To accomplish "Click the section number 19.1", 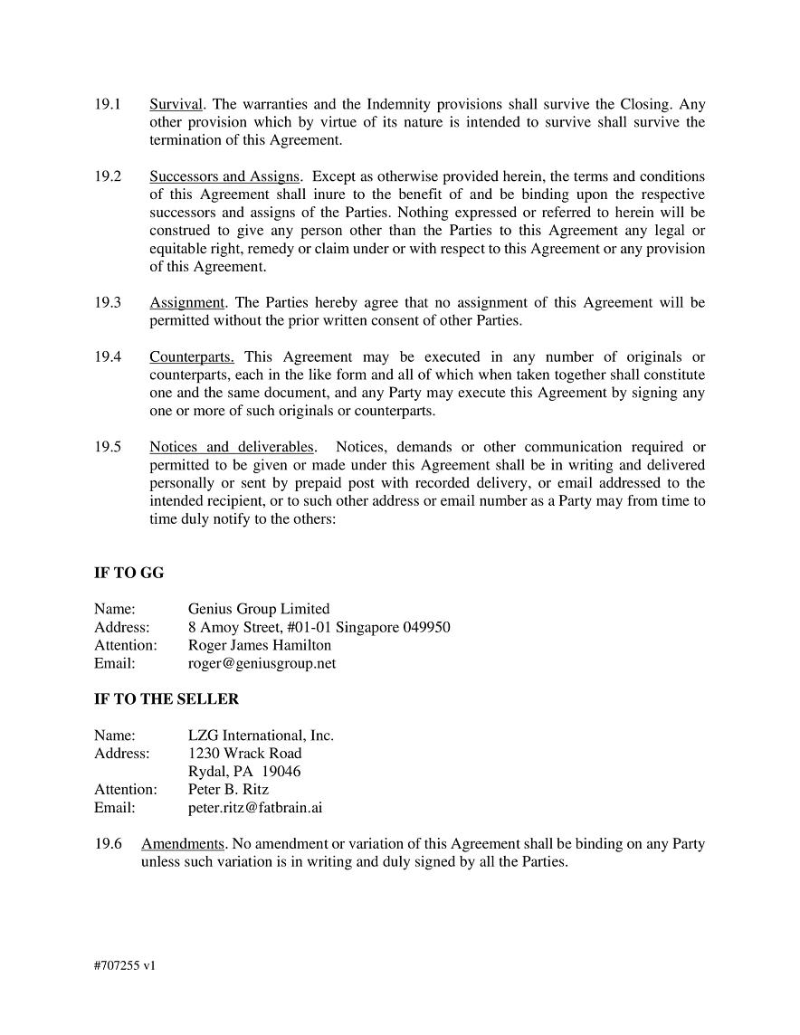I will coord(108,104).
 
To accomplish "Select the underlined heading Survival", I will coord(176,104).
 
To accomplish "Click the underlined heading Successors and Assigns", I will coord(224,176).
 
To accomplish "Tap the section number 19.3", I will coord(108,302).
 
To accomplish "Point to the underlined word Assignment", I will coord(186,302).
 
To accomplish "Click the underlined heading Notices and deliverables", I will coord(232,447).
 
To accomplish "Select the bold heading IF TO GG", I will coord(129,573).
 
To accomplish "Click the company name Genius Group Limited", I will coord(259,609).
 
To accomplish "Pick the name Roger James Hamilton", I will coord(260,645).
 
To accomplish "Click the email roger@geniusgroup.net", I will coord(262,663).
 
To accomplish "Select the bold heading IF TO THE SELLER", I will coord(167,699).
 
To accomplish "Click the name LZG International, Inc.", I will coord(261,736).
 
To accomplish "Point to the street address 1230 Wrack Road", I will coord(244,753).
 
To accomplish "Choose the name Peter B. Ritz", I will coord(228,789).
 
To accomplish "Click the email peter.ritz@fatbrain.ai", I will coord(255,807).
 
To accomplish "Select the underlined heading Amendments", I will coord(182,844).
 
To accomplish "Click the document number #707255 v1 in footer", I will coord(125,965).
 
